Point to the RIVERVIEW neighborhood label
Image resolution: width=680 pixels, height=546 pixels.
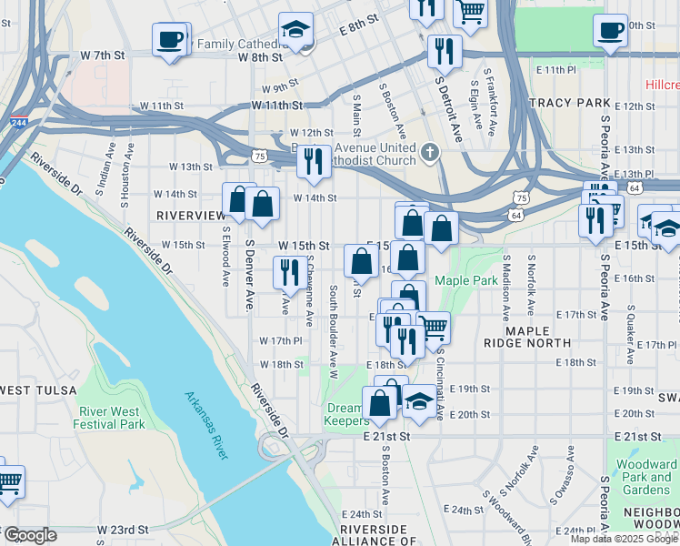click(x=191, y=215)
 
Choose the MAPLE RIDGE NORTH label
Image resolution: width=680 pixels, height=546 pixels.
click(x=540, y=336)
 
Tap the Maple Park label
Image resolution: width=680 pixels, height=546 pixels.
click(x=465, y=280)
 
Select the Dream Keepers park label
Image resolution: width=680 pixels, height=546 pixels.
click(x=346, y=414)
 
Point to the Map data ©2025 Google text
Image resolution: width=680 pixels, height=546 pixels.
click(x=624, y=539)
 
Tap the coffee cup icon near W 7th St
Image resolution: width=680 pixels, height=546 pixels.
click(x=170, y=40)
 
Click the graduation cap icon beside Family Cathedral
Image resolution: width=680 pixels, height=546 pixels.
click(x=295, y=29)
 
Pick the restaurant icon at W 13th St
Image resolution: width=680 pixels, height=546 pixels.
click(x=313, y=161)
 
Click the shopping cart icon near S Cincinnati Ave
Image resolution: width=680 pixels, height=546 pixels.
click(x=434, y=325)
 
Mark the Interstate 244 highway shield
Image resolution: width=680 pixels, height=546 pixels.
click(x=18, y=122)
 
